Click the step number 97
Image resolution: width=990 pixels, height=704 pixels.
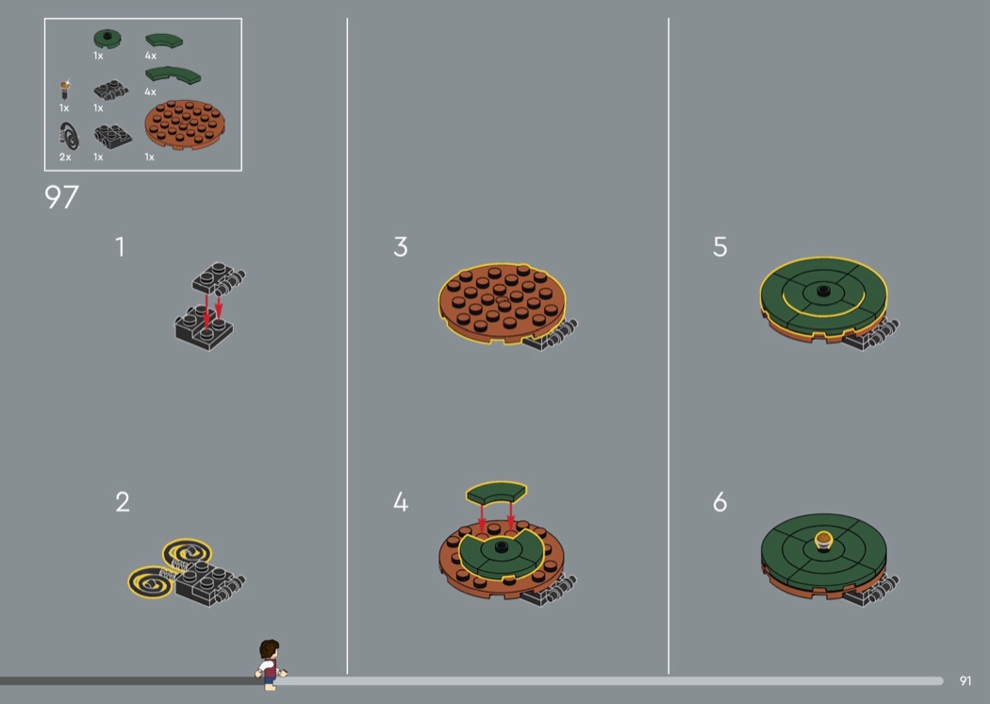pos(61,196)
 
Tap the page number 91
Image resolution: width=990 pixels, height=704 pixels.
pos(965,680)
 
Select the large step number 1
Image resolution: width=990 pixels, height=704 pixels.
pos(120,246)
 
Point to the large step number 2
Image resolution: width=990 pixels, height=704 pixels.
pos(123,502)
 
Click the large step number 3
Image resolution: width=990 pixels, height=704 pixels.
pos(401,246)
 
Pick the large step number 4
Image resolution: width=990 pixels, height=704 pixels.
pos(401,502)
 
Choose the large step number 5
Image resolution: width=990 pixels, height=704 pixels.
pos(719,246)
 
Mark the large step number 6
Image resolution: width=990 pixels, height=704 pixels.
pos(719,502)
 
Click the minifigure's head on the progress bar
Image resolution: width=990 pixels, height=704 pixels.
pos(269,649)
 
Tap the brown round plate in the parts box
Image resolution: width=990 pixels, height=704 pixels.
pos(185,125)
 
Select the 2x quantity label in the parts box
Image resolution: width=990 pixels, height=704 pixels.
pos(65,157)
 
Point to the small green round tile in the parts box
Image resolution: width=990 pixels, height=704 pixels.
pos(107,39)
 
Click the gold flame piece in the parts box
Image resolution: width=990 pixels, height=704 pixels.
pos(64,90)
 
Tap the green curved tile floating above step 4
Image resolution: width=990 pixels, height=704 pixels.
pos(496,493)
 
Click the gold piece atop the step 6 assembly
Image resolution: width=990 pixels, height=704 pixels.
pos(823,541)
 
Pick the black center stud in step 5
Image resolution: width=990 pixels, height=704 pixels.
pos(823,291)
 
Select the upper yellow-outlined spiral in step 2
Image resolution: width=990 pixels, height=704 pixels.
pos(187,554)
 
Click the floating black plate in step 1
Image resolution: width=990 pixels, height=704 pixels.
pos(219,278)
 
